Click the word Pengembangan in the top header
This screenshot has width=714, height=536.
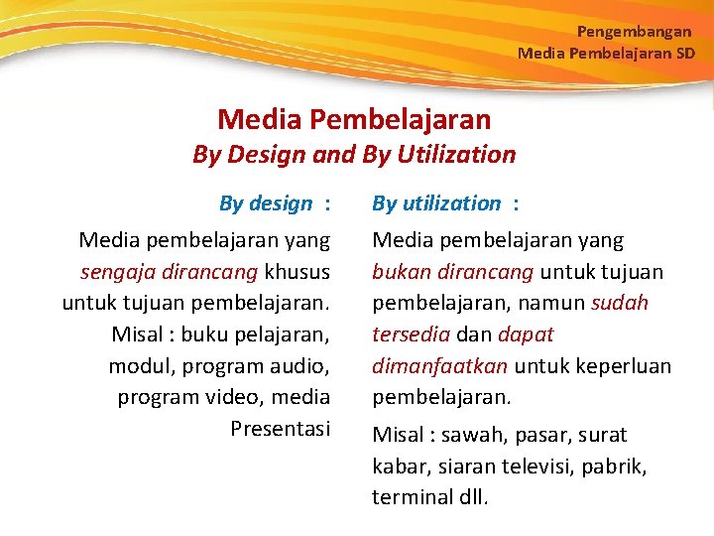tap(634, 32)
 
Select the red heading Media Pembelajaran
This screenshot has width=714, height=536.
tap(354, 120)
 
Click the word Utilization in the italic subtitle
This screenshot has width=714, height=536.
tap(458, 155)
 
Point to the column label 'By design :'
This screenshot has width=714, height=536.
tap(274, 203)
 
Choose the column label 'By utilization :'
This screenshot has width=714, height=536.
tap(445, 203)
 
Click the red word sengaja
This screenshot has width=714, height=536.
tap(112, 272)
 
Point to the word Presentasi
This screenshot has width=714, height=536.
tap(280, 429)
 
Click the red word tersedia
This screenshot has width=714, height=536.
tap(410, 335)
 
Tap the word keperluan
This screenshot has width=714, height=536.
tap(623, 366)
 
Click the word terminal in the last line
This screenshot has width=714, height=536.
tap(412, 497)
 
